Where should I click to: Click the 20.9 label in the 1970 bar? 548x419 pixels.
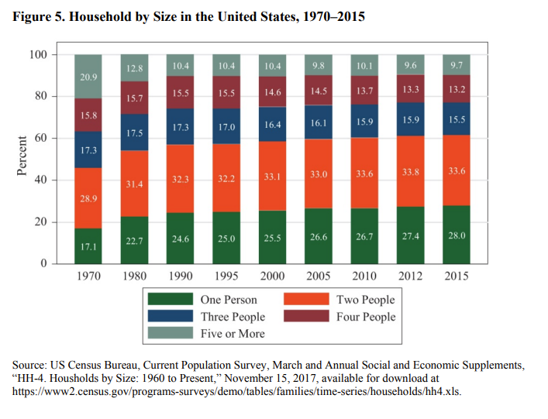(x=88, y=77)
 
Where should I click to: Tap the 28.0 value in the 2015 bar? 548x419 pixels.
(x=456, y=235)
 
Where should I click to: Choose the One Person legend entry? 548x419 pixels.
(x=229, y=300)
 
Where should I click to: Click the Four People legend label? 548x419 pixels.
(x=365, y=317)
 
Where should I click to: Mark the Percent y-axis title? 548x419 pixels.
(x=22, y=159)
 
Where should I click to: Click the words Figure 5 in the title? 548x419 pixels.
(x=36, y=16)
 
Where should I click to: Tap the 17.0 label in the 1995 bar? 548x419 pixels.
(x=226, y=126)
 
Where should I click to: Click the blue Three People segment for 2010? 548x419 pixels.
(x=364, y=121)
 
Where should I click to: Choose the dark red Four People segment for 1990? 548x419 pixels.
(x=180, y=92)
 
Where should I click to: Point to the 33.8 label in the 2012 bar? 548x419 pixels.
(x=410, y=173)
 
